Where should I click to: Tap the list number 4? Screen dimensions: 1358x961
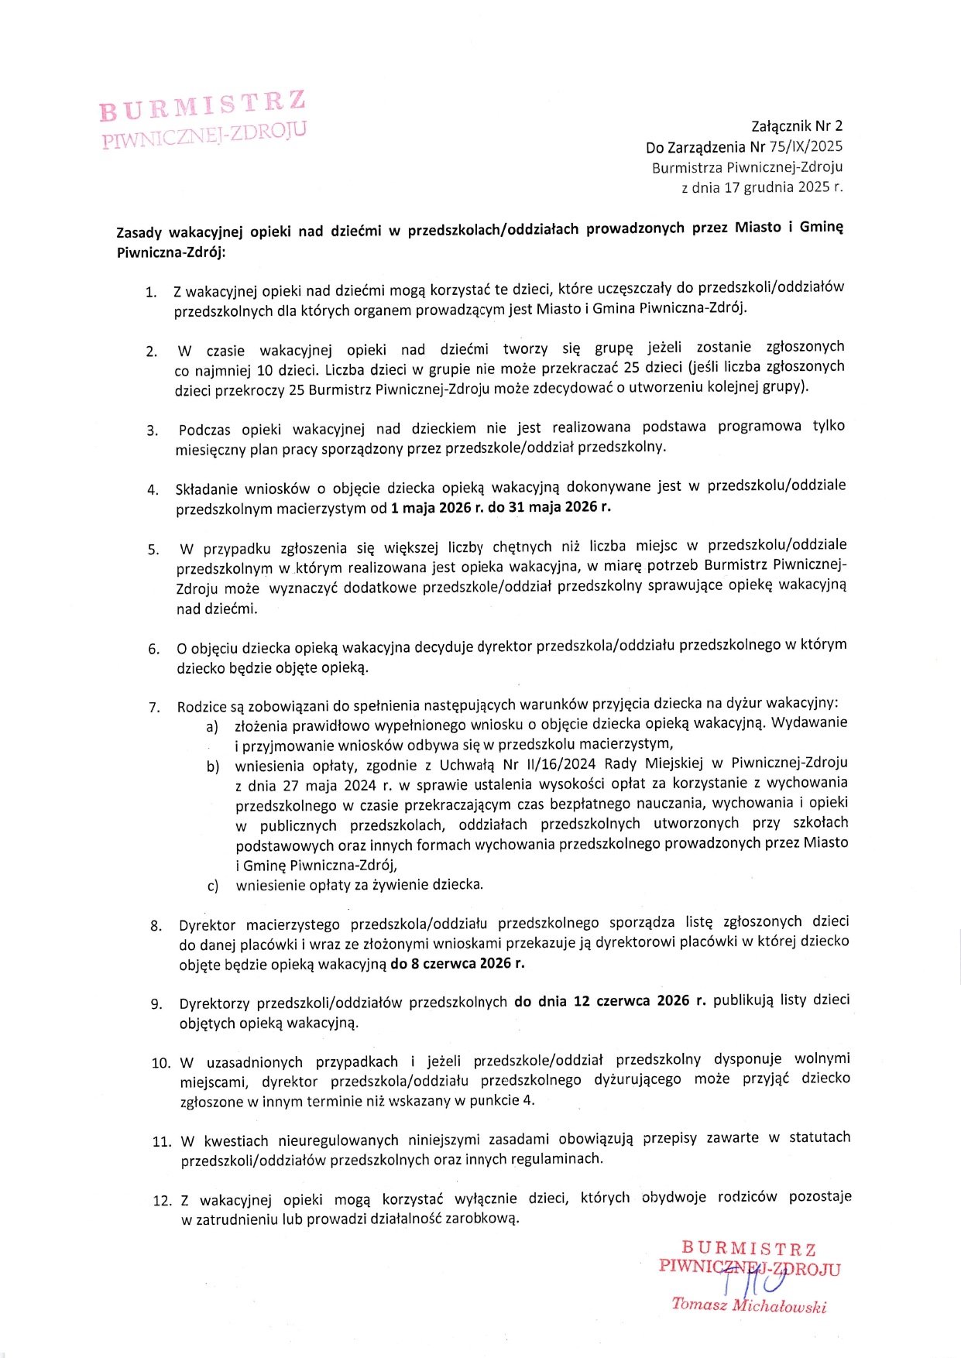[153, 489]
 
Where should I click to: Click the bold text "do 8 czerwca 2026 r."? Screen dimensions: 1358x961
[457, 963]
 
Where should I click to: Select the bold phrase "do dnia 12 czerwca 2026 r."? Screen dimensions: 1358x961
[610, 1000]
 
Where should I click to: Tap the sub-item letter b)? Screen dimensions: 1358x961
[212, 766]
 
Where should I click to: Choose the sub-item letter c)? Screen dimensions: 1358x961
[212, 886]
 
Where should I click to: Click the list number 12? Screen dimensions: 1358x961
[162, 1201]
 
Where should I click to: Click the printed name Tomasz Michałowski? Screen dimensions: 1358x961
[749, 1305]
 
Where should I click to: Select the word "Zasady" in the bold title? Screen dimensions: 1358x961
[139, 231]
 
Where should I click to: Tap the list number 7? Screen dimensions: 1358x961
[154, 707]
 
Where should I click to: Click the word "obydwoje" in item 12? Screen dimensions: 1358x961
[673, 1197]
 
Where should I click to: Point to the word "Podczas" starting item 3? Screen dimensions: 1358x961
[204, 430]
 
